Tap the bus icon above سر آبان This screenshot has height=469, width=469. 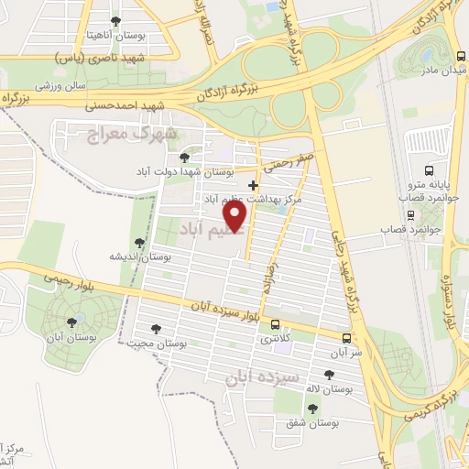click(x=345, y=335)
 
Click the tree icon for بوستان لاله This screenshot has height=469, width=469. click(x=329, y=374)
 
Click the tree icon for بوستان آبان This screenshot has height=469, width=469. click(x=71, y=322)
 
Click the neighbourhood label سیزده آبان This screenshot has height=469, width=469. click(x=263, y=376)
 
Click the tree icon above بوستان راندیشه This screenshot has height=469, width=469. click(x=138, y=243)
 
